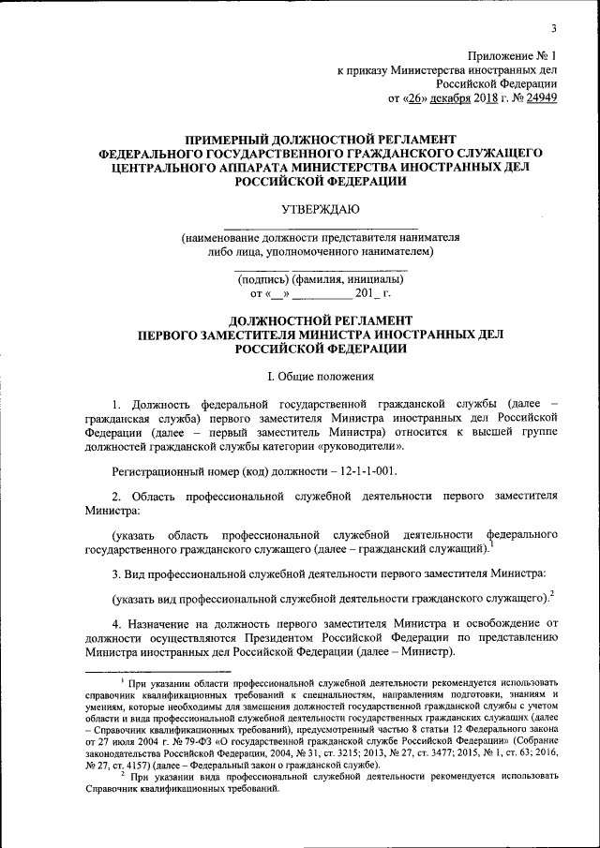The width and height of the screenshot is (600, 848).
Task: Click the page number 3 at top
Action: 554,27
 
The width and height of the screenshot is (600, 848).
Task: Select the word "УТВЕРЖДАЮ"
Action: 321,207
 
